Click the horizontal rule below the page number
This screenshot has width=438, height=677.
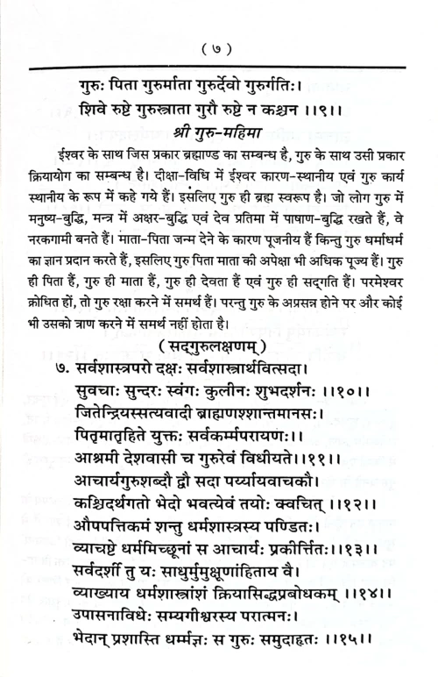pos(219,67)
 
